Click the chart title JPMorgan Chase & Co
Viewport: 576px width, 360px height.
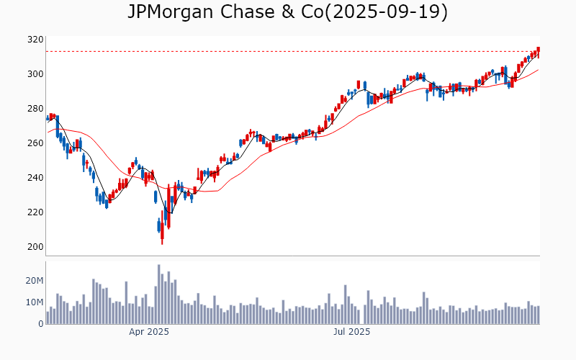216,12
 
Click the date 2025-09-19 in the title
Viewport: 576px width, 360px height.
386,12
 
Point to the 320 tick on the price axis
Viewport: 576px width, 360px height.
36,40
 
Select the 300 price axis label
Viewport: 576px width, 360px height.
36,74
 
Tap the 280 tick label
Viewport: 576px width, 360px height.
36,109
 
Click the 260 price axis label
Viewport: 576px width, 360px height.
36,143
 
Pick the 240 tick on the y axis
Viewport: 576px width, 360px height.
36,178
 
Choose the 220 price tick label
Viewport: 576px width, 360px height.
36,212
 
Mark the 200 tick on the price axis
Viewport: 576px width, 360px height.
36,247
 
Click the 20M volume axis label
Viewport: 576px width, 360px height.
34,281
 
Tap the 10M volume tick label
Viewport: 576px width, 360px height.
34,302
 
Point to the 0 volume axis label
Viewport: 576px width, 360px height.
40,324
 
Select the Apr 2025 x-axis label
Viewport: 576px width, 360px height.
149,332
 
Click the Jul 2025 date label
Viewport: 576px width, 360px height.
353,332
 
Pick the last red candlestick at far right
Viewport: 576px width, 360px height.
538,52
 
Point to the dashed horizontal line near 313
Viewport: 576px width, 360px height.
288,51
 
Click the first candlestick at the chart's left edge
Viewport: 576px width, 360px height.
48,118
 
